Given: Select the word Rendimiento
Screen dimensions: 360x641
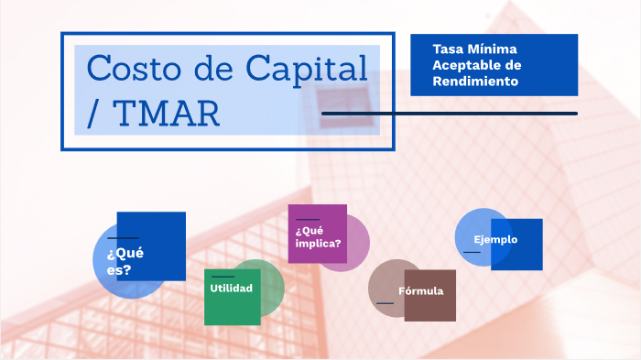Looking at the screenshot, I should (x=476, y=82).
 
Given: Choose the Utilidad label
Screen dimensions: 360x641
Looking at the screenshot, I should (x=231, y=289).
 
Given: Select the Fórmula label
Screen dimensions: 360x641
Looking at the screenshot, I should (x=420, y=291).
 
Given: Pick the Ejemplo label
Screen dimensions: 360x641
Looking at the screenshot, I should (x=495, y=240).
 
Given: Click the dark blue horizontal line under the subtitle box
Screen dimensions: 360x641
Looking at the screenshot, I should (x=449, y=114).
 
